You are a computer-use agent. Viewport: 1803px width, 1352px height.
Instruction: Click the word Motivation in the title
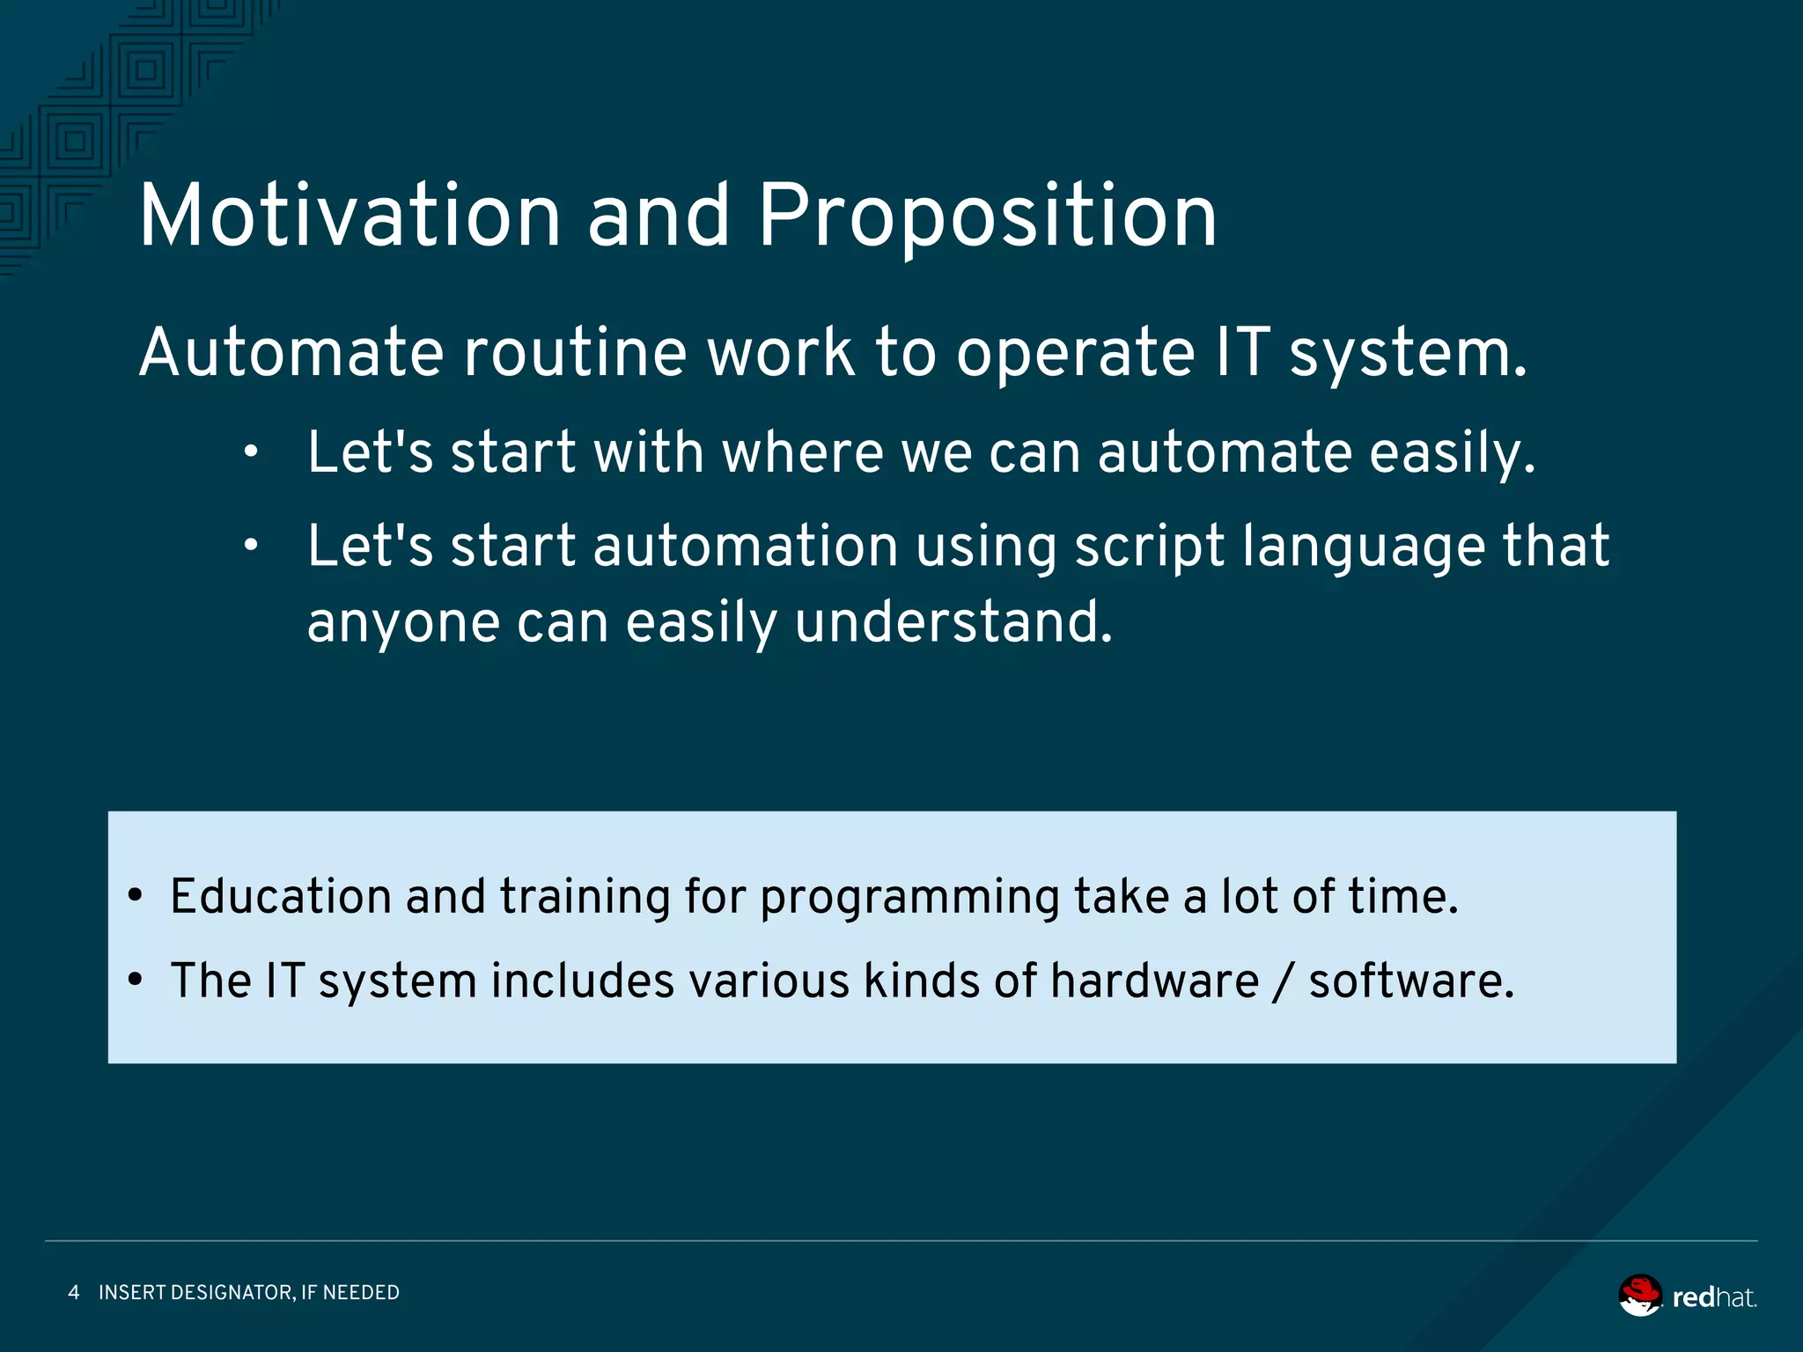click(350, 216)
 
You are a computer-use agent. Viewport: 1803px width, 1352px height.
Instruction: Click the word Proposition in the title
click(987, 217)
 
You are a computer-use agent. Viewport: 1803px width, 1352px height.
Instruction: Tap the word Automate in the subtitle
click(291, 352)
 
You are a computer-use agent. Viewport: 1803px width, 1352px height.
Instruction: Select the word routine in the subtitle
click(574, 352)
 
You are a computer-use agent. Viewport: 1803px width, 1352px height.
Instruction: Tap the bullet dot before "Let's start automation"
click(252, 547)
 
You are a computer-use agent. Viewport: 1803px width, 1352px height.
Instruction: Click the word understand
click(953, 622)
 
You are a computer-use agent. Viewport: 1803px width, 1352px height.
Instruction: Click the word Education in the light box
click(280, 897)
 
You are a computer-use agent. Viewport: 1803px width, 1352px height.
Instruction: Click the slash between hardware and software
click(1284, 982)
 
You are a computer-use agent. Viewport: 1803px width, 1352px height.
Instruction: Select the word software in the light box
click(1410, 981)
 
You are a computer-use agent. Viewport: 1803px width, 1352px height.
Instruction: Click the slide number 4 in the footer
click(74, 1292)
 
